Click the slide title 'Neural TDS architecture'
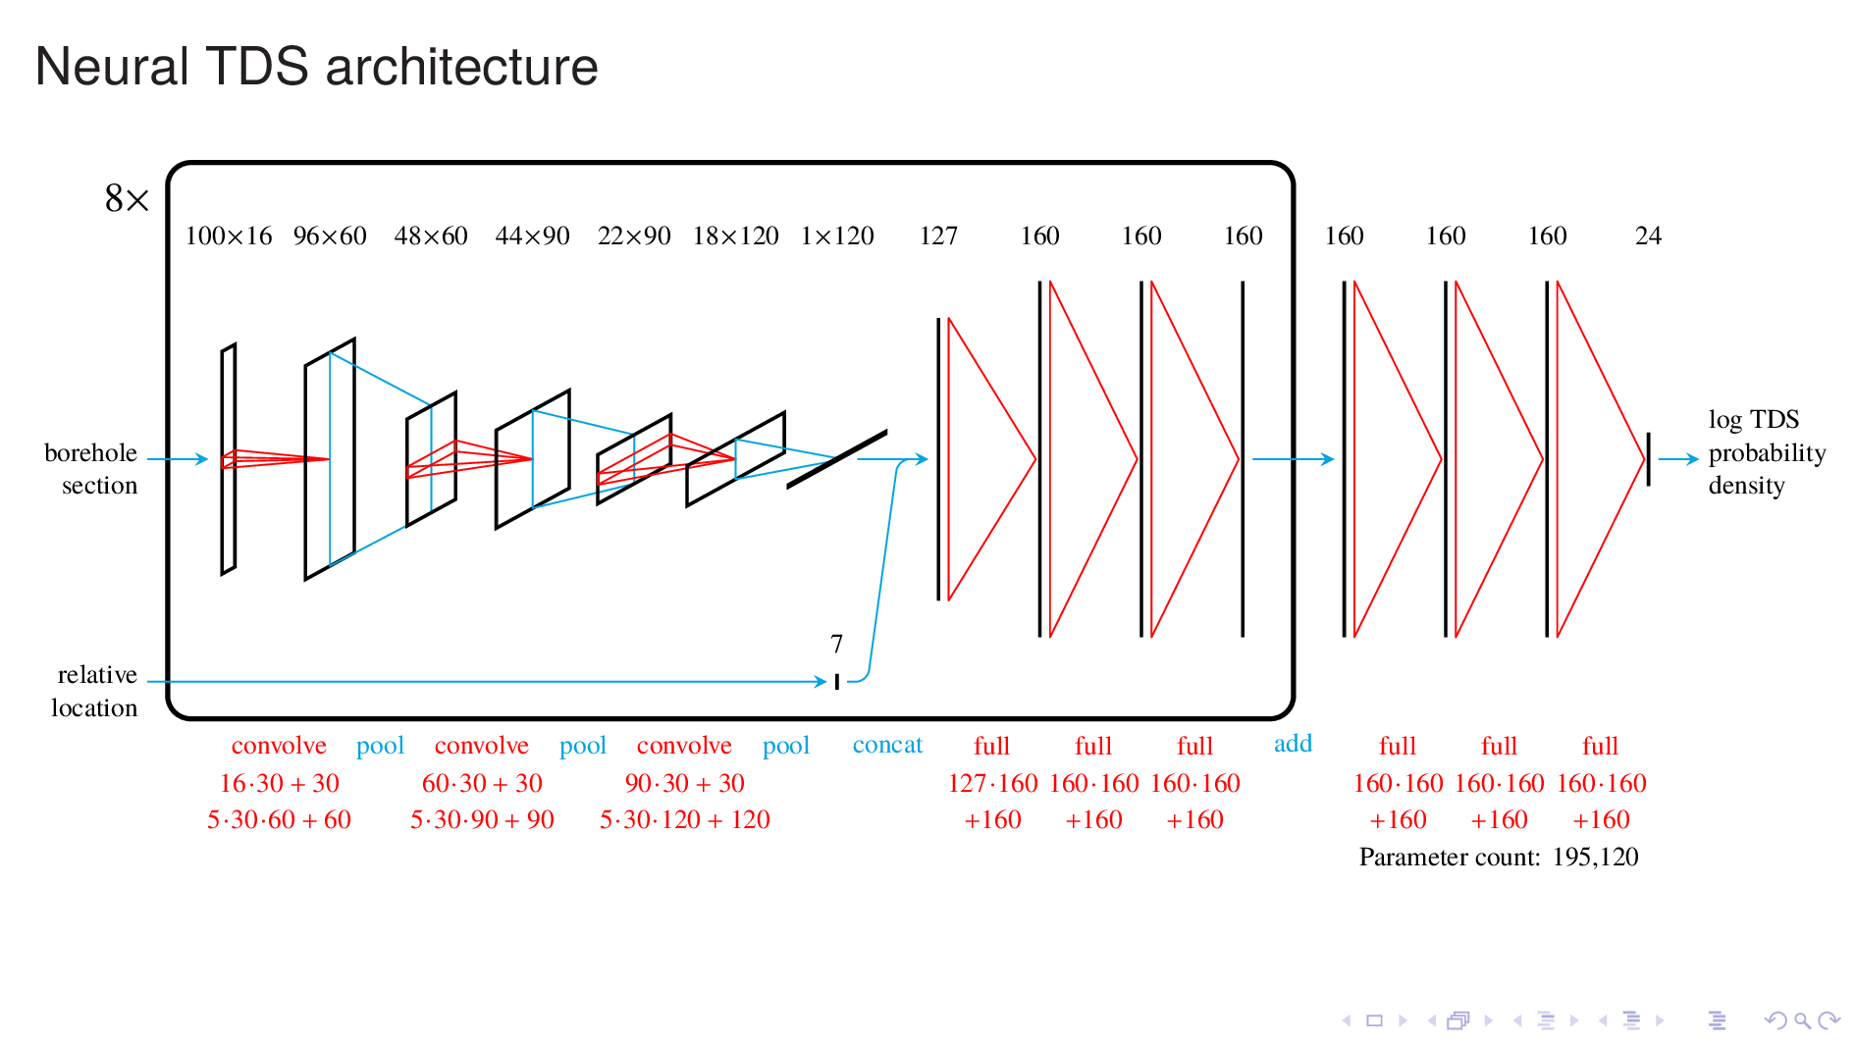pyautogui.click(x=316, y=67)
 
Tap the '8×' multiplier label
pyautogui.click(x=127, y=199)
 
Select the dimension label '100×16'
pyautogui.click(x=229, y=236)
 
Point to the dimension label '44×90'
pyautogui.click(x=532, y=236)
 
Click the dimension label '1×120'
pyautogui.click(x=837, y=236)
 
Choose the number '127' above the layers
pyautogui.click(x=938, y=236)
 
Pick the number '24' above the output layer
pyautogui.click(x=1648, y=236)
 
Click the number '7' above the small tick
pyautogui.click(x=836, y=644)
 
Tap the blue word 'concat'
pyautogui.click(x=887, y=745)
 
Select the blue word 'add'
pyautogui.click(x=1293, y=744)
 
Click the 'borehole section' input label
pyautogui.click(x=91, y=469)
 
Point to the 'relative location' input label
pyautogui.click(x=94, y=691)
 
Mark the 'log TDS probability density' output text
pyautogui.click(x=1766, y=452)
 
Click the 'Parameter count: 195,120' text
pyautogui.click(x=1499, y=858)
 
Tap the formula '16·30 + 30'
pyautogui.click(x=279, y=783)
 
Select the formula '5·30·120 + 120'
pyautogui.click(x=684, y=819)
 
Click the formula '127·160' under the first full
pyautogui.click(x=992, y=783)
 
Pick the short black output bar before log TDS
pyautogui.click(x=1648, y=458)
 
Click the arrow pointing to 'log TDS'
pyautogui.click(x=1677, y=458)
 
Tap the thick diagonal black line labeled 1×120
pyautogui.click(x=837, y=458)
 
